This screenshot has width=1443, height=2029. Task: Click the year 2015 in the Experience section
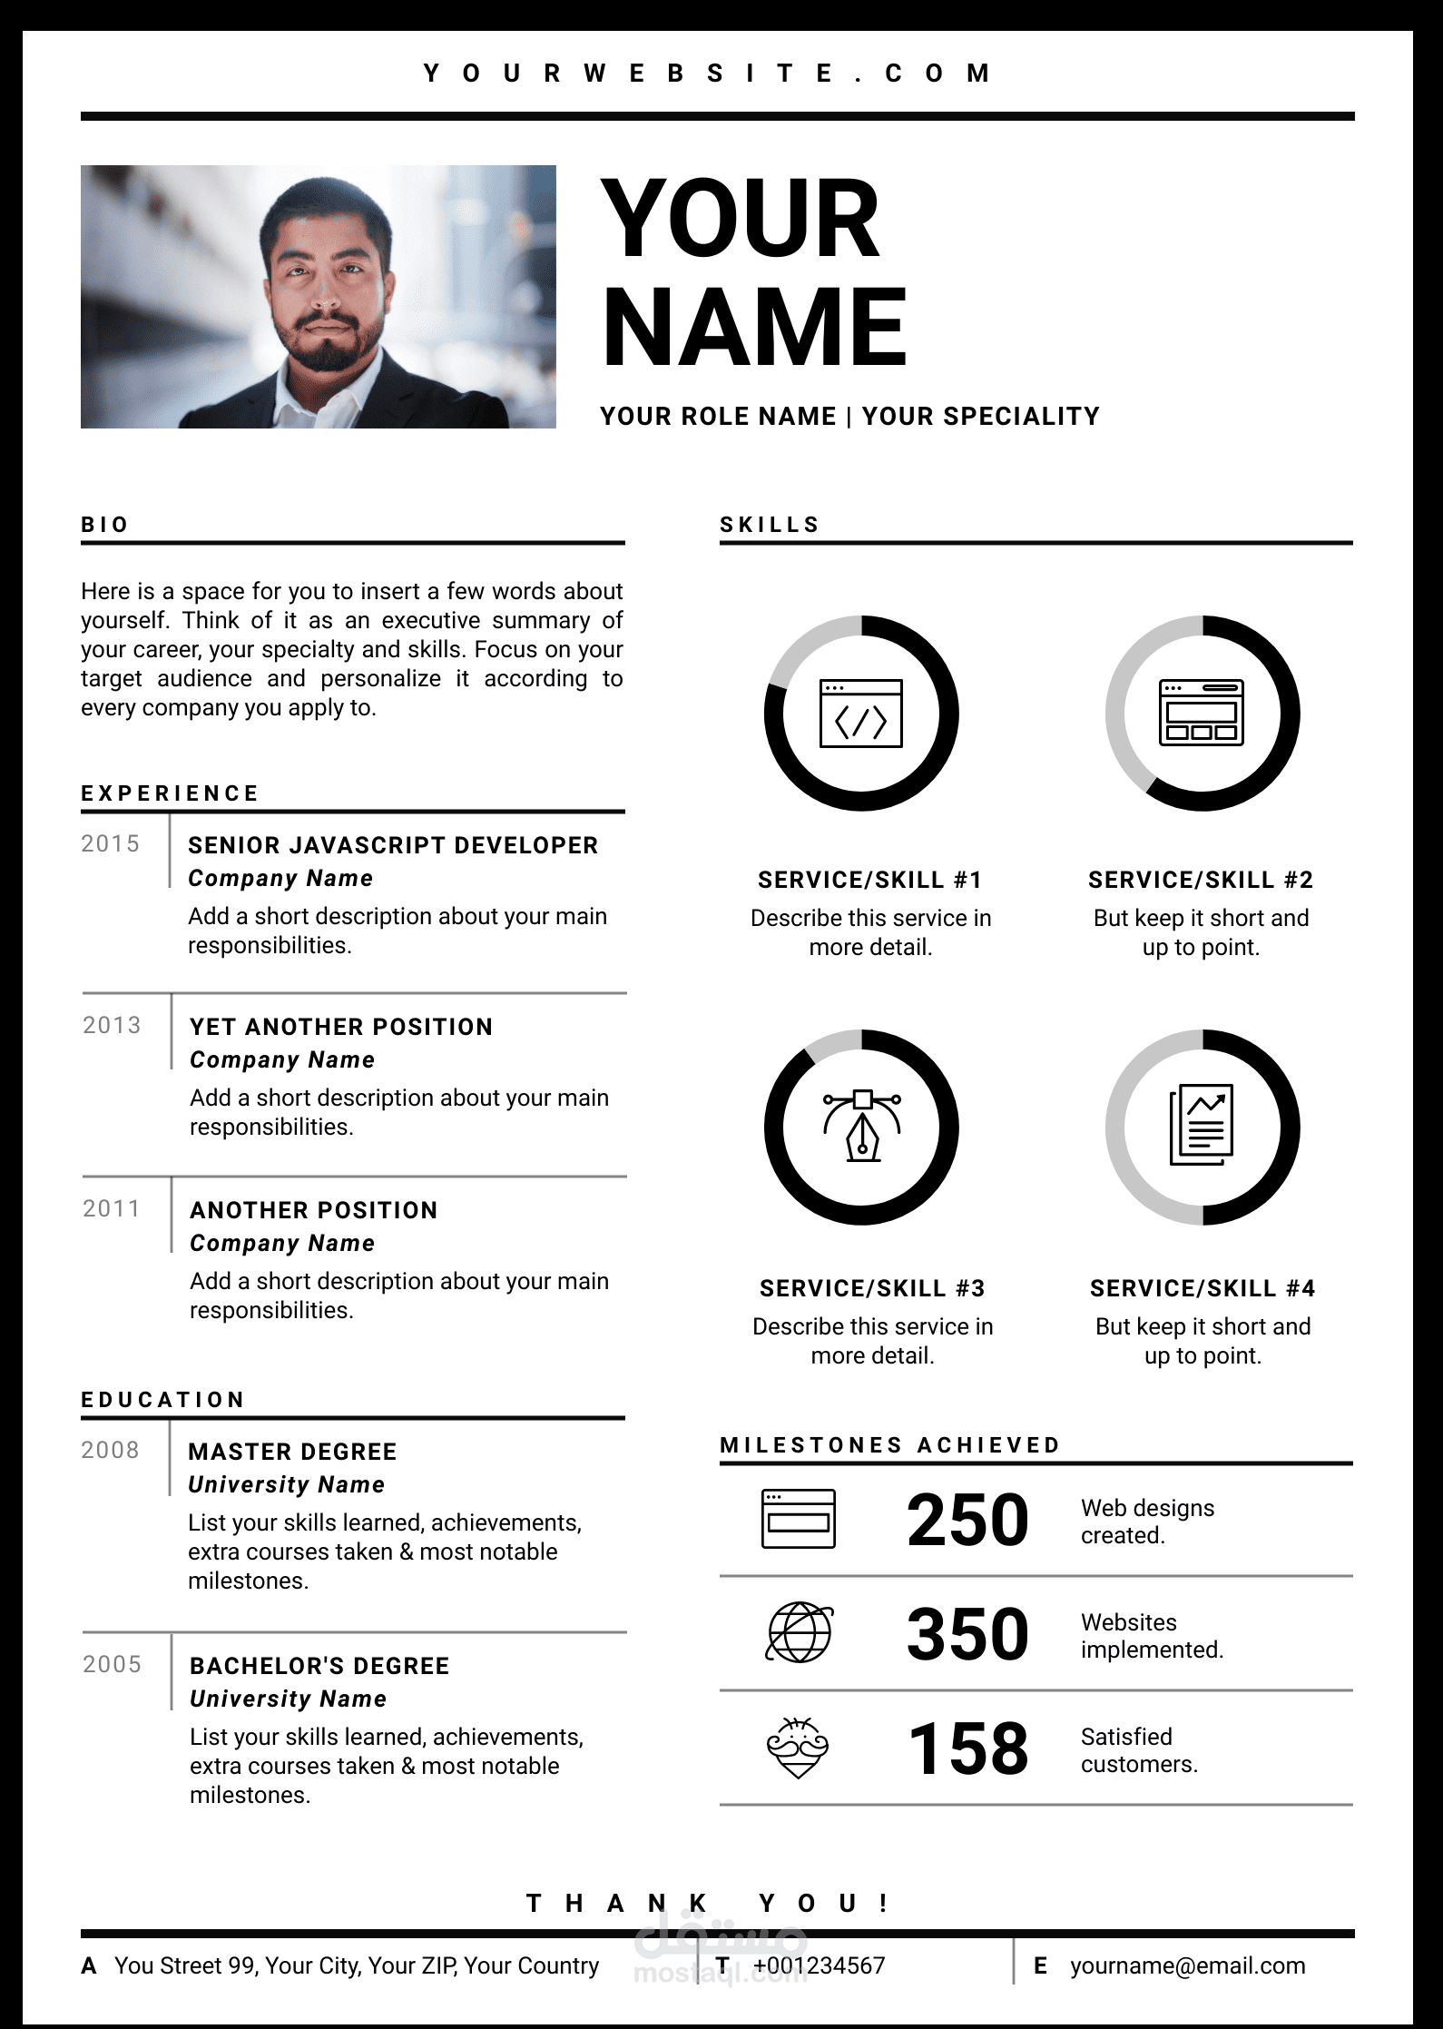[x=110, y=844]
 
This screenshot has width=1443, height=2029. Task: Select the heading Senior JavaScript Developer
[x=393, y=845]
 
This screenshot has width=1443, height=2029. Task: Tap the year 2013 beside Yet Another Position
[x=112, y=1026]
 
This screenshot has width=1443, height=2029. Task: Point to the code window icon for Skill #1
[x=860, y=714]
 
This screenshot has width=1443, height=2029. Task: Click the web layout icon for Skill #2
[x=1202, y=714]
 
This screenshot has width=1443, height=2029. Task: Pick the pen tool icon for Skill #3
[x=861, y=1127]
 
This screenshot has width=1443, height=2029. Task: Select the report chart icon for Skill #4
[x=1202, y=1125]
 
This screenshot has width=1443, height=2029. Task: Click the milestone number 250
[x=967, y=1520]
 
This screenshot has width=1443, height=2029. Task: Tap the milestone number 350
[x=967, y=1634]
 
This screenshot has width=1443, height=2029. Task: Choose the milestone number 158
[x=967, y=1748]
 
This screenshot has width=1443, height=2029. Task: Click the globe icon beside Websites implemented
[x=799, y=1633]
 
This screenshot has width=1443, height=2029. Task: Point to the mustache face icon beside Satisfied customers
[x=798, y=1748]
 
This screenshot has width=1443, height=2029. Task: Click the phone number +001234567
[x=819, y=1965]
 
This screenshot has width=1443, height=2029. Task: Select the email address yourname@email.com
[x=1187, y=1965]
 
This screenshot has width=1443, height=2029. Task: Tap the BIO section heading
[x=105, y=525]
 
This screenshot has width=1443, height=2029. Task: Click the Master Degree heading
[x=292, y=1452]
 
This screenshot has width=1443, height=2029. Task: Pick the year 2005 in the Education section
[x=112, y=1664]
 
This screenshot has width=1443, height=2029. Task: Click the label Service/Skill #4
[x=1202, y=1288]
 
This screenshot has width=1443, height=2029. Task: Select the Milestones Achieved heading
[x=889, y=1444]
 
